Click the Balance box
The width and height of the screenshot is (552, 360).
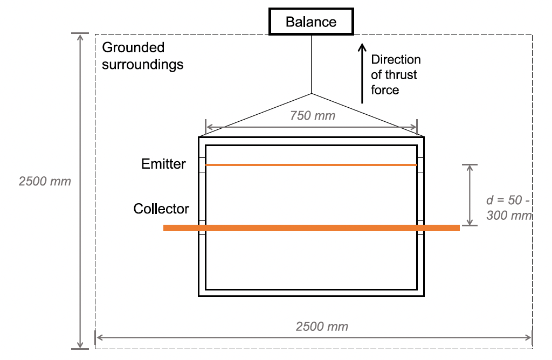311,22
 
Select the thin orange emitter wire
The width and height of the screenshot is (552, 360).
311,164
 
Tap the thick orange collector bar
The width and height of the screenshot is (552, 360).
311,228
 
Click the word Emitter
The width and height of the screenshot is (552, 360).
163,164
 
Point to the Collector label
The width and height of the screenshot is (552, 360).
161,209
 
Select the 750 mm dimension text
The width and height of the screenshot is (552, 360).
313,115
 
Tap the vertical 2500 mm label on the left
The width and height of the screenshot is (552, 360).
45,181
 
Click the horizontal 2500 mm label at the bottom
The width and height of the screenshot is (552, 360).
322,327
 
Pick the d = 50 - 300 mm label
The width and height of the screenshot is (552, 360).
509,208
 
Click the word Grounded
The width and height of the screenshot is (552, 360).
133,48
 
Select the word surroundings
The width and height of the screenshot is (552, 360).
143,65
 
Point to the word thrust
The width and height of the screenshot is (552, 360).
401,75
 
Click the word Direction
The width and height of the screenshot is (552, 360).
396,59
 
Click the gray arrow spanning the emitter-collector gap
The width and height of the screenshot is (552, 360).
470,195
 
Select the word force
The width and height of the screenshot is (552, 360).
385,90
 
